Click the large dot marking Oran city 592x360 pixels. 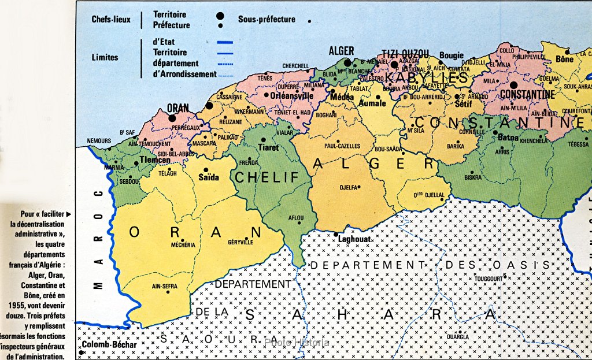[171, 117]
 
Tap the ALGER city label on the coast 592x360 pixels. [341, 51]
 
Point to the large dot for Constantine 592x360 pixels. [513, 85]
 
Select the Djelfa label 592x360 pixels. [332, 187]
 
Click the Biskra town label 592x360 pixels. [473, 177]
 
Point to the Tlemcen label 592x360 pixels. [155, 160]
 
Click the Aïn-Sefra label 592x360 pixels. [164, 285]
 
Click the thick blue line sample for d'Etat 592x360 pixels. [224, 42]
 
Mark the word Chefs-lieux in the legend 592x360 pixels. [111, 19]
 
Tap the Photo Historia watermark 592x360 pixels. [296, 342]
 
